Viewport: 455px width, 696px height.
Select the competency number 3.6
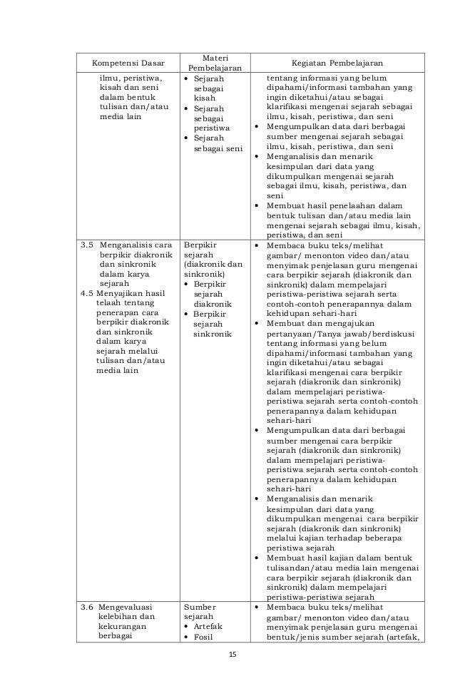(86, 606)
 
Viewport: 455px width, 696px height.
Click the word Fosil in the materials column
(205, 636)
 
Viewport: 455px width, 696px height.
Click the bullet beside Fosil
(187, 636)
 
